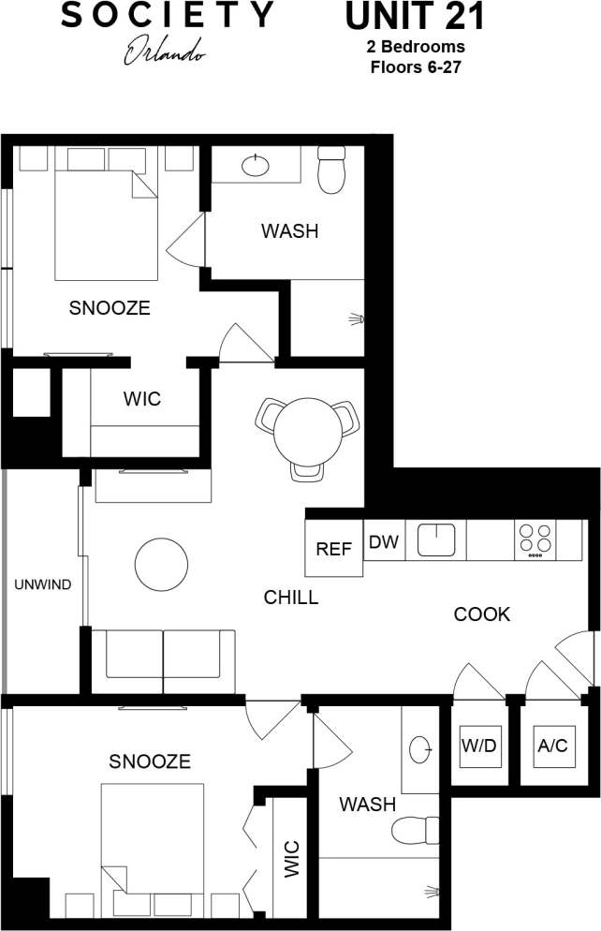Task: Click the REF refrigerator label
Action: pyautogui.click(x=333, y=549)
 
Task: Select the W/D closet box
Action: pyautogui.click(x=478, y=746)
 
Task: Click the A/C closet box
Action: pyautogui.click(x=552, y=746)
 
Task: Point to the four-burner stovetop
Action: pyautogui.click(x=535, y=539)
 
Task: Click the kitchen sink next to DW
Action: pyautogui.click(x=435, y=539)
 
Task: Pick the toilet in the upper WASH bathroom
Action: pyautogui.click(x=331, y=170)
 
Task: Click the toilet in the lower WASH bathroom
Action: pyautogui.click(x=414, y=830)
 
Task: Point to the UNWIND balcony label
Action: pyautogui.click(x=42, y=585)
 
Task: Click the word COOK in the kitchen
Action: pyautogui.click(x=482, y=614)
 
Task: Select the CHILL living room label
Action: pyautogui.click(x=290, y=598)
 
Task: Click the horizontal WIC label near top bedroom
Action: pyautogui.click(x=142, y=399)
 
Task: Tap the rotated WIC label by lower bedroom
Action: pyautogui.click(x=290, y=860)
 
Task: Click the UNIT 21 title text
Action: pyautogui.click(x=416, y=18)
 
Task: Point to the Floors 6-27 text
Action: pyautogui.click(x=417, y=66)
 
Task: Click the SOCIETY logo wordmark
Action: pyautogui.click(x=169, y=15)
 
